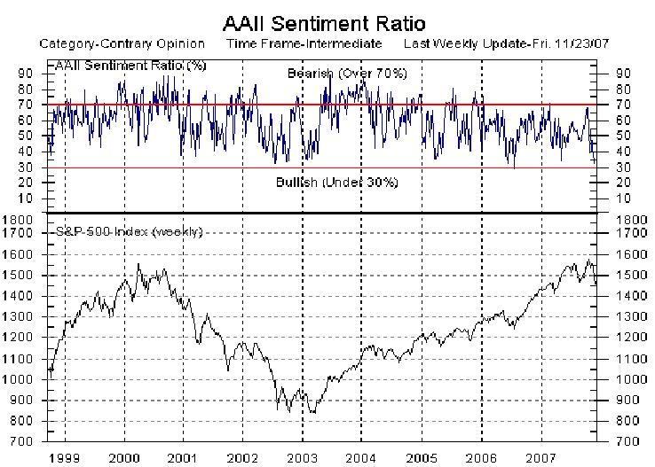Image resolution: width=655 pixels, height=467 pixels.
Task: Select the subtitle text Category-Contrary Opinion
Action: tap(122, 43)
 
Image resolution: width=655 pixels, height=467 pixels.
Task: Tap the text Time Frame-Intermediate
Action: tap(304, 43)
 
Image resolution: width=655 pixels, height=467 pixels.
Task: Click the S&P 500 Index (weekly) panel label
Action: tap(129, 232)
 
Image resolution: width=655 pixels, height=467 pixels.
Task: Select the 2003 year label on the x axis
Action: tap(302, 458)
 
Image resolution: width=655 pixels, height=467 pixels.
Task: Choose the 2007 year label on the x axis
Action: tap(540, 458)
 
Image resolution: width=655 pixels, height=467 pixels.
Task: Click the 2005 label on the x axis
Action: tap(421, 458)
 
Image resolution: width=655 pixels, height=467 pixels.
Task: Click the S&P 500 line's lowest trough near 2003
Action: tap(311, 412)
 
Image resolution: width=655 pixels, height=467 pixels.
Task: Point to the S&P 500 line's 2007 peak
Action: tap(587, 261)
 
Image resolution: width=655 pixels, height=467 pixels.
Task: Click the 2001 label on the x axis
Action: tap(183, 458)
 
